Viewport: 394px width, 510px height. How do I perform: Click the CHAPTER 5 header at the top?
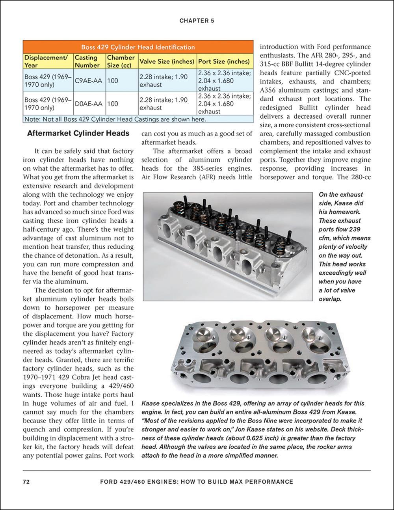pyautogui.click(x=197, y=20)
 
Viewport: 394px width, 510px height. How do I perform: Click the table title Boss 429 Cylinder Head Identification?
pyautogui.click(x=138, y=47)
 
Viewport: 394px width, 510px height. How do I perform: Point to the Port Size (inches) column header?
pyautogui.click(x=224, y=61)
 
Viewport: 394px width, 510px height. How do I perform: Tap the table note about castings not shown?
pyautogui.click(x=115, y=119)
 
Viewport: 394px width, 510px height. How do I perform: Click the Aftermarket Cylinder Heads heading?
pyautogui.click(x=78, y=134)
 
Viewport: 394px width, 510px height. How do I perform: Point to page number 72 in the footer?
pyautogui.click(x=26, y=482)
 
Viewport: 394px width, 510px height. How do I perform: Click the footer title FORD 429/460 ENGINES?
pyautogui.click(x=197, y=482)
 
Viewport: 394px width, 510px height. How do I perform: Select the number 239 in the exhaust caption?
pyautogui.click(x=354, y=229)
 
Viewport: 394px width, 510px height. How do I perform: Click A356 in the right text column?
pyautogui.click(x=269, y=91)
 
